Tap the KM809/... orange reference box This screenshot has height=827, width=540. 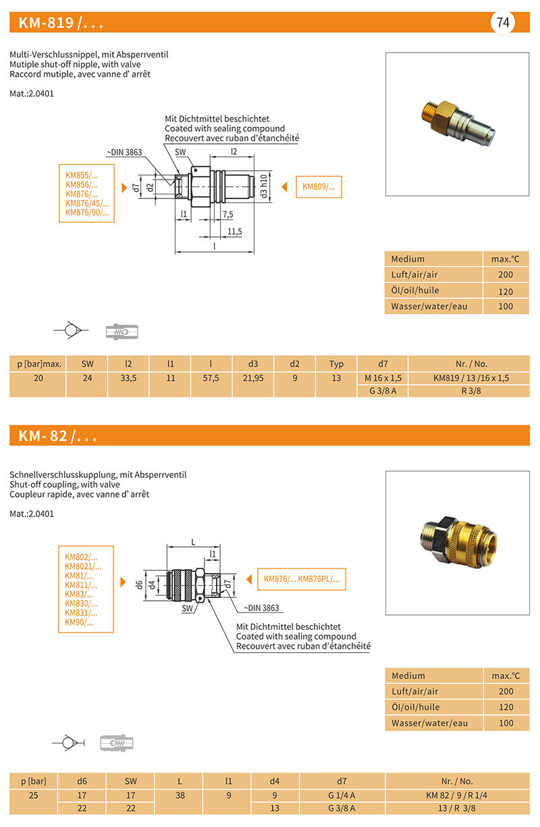(x=319, y=187)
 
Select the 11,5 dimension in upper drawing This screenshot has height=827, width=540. (x=234, y=232)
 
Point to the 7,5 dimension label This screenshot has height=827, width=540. (x=227, y=215)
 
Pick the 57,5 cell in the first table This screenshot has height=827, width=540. (x=211, y=378)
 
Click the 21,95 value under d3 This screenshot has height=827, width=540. (x=253, y=378)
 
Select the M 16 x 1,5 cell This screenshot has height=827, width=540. (x=382, y=378)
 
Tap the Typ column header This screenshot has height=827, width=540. (x=336, y=363)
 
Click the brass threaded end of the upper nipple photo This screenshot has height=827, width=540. (x=425, y=109)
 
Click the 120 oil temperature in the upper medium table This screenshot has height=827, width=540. (x=506, y=291)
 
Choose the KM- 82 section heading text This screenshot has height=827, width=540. (x=57, y=436)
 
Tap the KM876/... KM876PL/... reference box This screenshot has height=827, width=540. (x=301, y=579)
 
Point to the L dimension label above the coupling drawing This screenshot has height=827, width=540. (x=194, y=542)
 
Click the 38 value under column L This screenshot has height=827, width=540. (x=180, y=795)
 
